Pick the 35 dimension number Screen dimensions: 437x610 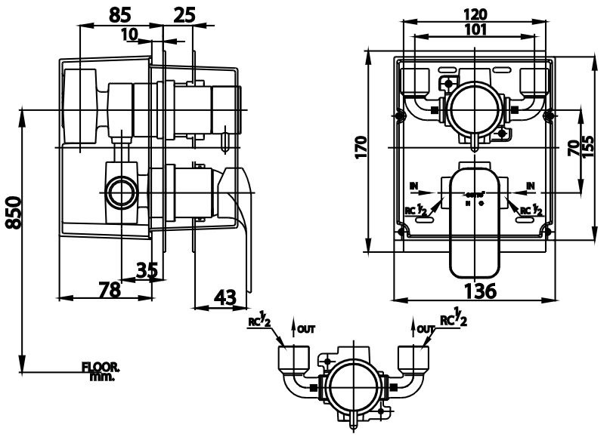(147, 269)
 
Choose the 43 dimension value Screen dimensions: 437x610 (223, 297)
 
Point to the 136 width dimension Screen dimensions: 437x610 (480, 291)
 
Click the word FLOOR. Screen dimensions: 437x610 (101, 367)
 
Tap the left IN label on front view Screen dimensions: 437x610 (413, 185)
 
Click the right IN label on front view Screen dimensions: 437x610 (531, 185)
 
